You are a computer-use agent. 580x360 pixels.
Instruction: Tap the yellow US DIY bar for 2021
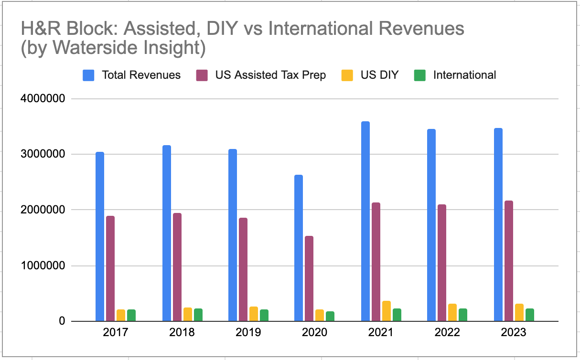coord(387,311)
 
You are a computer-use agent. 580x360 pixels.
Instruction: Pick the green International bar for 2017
coord(131,315)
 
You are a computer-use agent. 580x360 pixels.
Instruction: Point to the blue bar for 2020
coord(299,248)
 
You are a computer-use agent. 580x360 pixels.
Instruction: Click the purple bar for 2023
coord(509,261)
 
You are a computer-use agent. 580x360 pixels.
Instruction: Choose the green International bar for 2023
coord(530,315)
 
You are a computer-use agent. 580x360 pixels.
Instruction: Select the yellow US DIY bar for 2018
coord(188,314)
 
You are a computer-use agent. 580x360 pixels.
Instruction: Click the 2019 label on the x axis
coord(248,332)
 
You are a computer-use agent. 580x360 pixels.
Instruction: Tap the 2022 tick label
coord(447,332)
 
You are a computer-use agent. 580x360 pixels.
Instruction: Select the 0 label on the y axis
coord(62,321)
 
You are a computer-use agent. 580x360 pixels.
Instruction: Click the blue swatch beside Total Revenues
coord(89,75)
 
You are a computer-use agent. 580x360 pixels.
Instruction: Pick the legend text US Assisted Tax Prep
coord(270,75)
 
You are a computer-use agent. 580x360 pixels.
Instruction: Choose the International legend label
coord(464,75)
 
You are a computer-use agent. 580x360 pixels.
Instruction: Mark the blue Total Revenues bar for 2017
coord(100,236)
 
